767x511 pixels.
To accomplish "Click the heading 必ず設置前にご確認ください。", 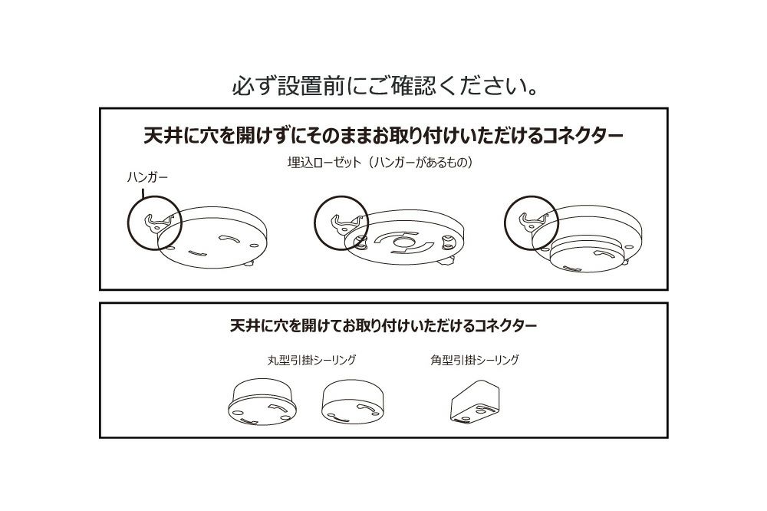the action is pos(385,86).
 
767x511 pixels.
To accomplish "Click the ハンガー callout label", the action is pos(146,177).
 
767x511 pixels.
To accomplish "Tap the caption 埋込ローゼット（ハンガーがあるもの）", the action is pos(380,162).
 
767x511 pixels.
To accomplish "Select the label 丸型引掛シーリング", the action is pos(311,360).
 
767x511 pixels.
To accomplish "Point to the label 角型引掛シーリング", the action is pos(475,360).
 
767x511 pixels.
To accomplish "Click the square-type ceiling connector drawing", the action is pos(475,401).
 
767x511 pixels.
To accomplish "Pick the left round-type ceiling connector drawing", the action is pos(262,402).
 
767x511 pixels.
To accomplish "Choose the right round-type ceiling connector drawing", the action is pos(352,402).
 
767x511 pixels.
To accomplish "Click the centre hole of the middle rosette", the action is pos(403,242).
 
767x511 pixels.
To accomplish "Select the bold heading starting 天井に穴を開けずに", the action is pos(383,135).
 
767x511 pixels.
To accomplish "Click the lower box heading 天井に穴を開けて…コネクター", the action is pos(383,325).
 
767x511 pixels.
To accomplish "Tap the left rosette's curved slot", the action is pos(229,239).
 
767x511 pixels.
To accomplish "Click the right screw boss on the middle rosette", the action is pos(446,241).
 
